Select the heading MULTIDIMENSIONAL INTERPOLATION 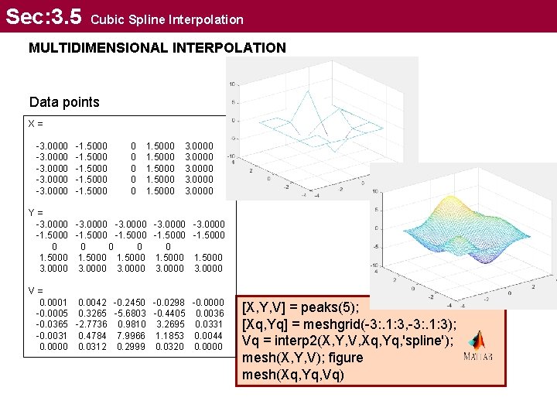click(157, 48)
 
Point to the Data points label click(64, 102)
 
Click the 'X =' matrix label click(36, 123)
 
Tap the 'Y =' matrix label click(35, 212)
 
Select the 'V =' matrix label click(35, 290)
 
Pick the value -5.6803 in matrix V click(130, 313)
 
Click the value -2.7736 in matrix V click(91, 324)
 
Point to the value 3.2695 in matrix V click(169, 324)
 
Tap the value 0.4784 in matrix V click(93, 335)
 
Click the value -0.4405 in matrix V click(169, 313)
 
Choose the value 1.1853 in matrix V click(169, 335)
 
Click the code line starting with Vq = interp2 click(349, 339)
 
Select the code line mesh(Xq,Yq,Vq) click(293, 375)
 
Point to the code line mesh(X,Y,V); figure click(304, 357)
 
